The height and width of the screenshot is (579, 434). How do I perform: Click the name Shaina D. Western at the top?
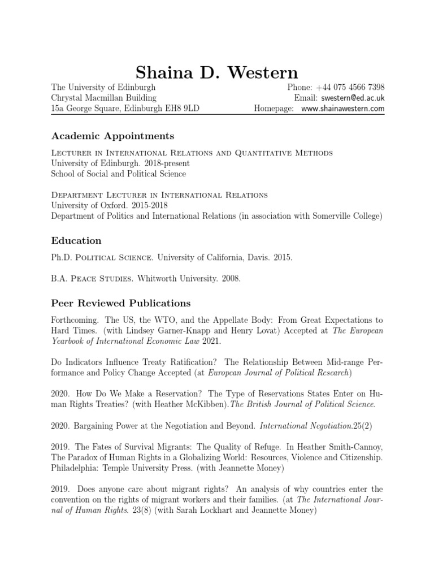217,73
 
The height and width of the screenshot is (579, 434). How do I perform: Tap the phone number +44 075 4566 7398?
350,88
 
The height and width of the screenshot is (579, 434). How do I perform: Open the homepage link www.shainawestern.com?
343,109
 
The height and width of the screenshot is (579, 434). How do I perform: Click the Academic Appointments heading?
112,136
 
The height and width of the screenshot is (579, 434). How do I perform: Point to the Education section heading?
76,241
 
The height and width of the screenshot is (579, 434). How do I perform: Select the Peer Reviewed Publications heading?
121,303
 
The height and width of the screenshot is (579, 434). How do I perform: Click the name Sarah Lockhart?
191,509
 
